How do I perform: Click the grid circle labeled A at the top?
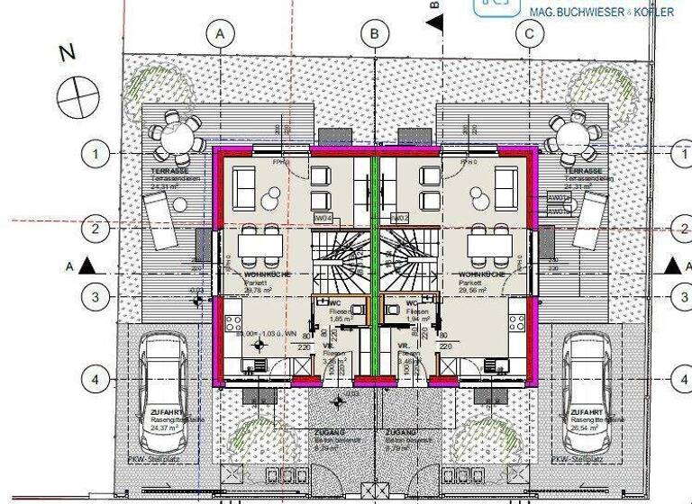point(219,34)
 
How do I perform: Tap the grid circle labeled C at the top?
point(530,34)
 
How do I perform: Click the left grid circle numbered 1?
point(95,154)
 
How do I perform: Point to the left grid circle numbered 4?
point(95,380)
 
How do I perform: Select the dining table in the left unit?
point(260,243)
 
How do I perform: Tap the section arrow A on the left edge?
point(86,266)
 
